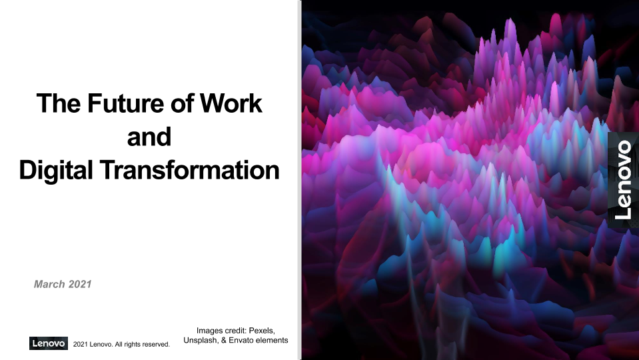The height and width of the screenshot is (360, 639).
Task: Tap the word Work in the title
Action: tap(231, 103)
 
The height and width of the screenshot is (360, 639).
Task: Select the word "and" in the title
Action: tap(149, 137)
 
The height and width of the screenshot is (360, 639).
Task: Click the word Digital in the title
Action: tap(55, 171)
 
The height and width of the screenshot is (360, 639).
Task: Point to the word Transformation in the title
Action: tap(189, 170)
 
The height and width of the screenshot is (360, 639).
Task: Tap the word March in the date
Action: tap(49, 284)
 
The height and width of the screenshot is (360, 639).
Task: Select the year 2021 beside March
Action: tap(80, 284)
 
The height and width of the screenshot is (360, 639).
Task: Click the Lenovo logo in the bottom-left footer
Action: tap(49, 343)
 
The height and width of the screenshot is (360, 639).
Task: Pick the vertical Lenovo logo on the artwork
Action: tap(623, 180)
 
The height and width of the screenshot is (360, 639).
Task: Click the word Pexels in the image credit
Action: tap(262, 330)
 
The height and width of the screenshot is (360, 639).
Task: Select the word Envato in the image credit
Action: tap(242, 340)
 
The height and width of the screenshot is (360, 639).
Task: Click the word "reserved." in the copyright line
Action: tap(156, 345)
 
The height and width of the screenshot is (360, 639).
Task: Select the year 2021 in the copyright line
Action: tap(80, 345)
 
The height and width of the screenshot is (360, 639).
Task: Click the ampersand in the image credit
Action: tap(224, 340)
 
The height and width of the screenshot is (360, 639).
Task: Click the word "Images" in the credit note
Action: tap(210, 331)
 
